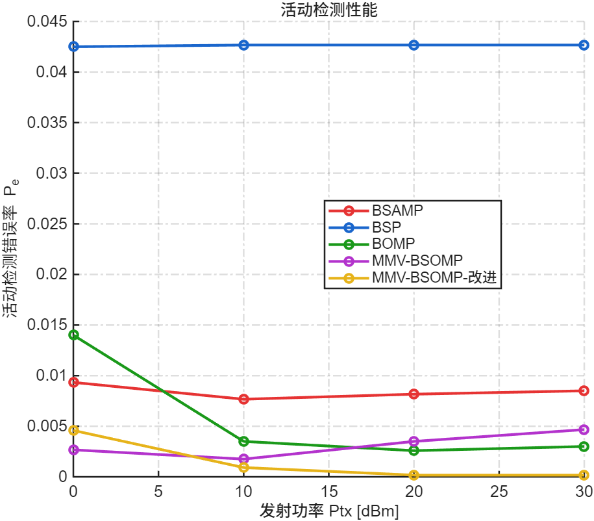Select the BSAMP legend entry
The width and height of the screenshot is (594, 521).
(x=398, y=210)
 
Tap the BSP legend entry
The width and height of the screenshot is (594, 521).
(x=387, y=227)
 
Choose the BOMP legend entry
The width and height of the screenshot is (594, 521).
(x=393, y=244)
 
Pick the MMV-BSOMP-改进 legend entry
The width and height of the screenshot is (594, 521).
(x=438, y=278)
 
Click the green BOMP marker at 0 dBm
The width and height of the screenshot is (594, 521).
(x=73, y=335)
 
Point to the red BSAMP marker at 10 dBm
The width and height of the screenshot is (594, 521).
(x=244, y=399)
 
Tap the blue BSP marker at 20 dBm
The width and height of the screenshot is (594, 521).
(x=414, y=45)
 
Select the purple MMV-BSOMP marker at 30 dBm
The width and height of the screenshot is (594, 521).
(x=584, y=429)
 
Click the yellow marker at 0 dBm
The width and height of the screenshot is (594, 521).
(x=73, y=430)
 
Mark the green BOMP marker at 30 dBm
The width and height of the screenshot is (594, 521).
(x=584, y=446)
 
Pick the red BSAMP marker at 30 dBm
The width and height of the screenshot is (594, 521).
(x=584, y=390)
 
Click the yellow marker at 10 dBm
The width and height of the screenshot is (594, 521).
(x=244, y=467)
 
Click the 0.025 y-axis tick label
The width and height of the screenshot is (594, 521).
(x=47, y=224)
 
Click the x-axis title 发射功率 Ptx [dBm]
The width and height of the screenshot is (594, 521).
(x=328, y=511)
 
